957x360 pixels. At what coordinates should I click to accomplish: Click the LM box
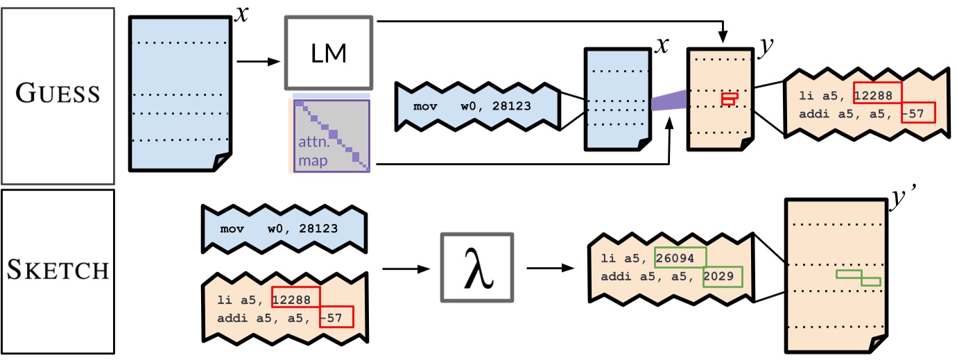(x=329, y=53)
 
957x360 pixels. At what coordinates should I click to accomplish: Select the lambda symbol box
(x=477, y=268)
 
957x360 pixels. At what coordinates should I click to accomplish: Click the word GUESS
(x=57, y=94)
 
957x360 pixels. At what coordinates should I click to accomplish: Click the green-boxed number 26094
(x=680, y=257)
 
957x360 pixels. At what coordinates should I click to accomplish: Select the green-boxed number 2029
(x=723, y=277)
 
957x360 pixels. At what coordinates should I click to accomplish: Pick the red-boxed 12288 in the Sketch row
(x=296, y=298)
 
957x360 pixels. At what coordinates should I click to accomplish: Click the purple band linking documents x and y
(x=669, y=101)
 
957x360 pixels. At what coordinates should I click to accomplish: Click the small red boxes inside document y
(x=729, y=99)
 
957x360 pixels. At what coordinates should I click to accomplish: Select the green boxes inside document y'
(x=858, y=277)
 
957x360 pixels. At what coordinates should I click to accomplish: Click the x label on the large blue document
(x=241, y=12)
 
